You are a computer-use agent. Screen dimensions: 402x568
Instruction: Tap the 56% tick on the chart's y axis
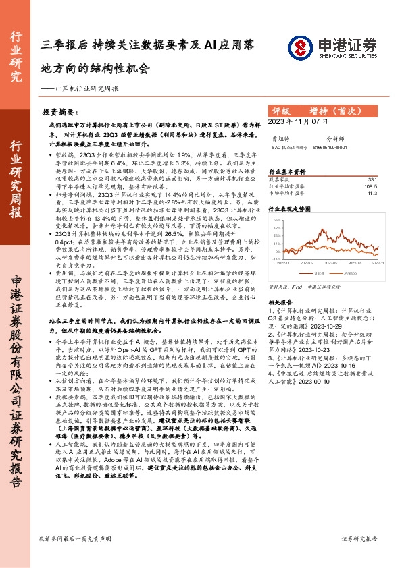coord(278,220)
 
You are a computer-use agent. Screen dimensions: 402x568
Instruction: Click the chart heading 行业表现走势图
coord(291,210)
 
